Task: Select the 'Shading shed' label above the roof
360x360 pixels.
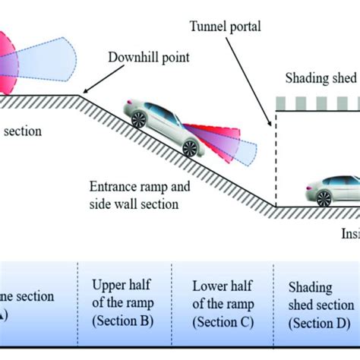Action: coord(320,78)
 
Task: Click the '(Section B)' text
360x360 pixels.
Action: coord(123,320)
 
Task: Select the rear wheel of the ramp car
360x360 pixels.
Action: coord(139,120)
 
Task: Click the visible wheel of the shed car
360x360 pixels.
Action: coord(324,199)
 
